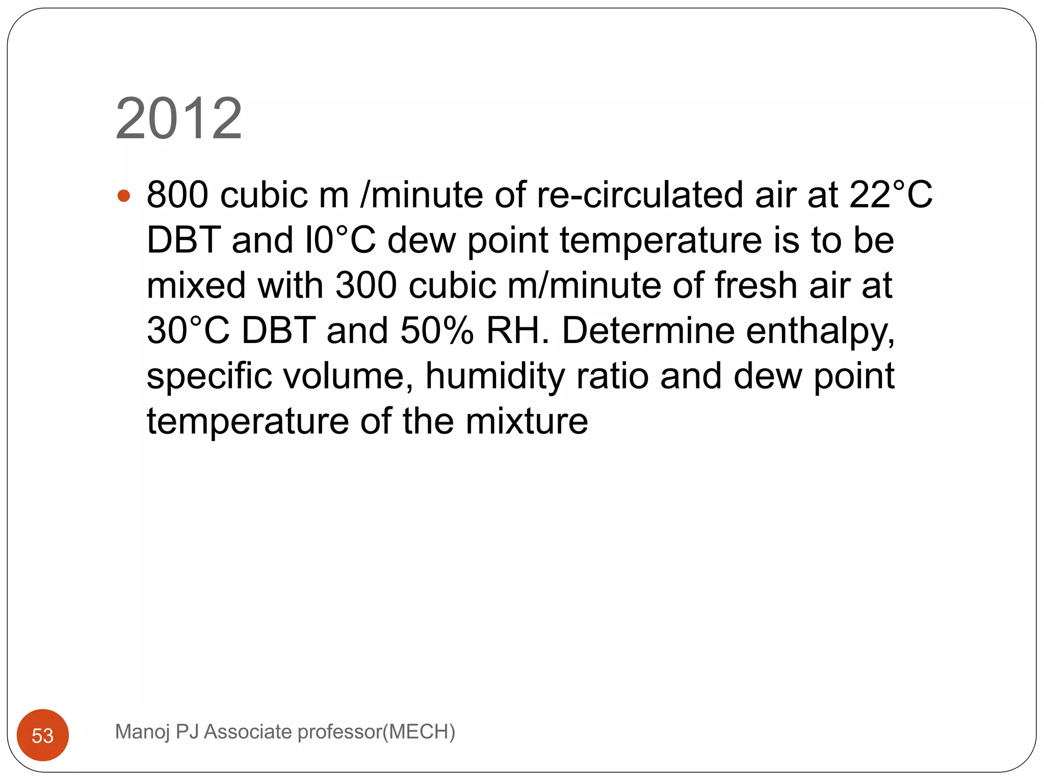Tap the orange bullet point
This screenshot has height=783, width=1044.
[x=124, y=196]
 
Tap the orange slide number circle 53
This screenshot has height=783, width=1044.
[x=43, y=735]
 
